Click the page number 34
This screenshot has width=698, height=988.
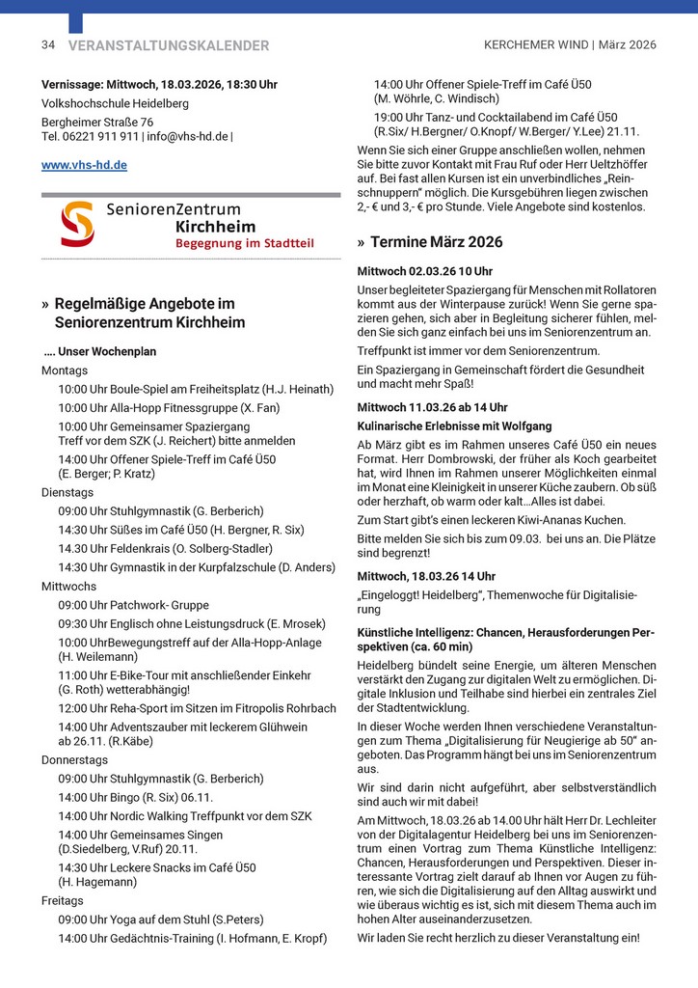coord(48,45)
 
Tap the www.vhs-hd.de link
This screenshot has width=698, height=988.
coord(84,165)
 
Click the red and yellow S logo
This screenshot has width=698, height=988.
coord(77,224)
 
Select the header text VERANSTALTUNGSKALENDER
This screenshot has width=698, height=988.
coord(169,45)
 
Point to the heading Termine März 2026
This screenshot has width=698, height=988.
coord(436,242)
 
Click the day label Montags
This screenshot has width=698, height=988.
coord(65,370)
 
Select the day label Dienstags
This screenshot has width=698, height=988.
coord(67,491)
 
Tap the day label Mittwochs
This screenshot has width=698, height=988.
coord(68,586)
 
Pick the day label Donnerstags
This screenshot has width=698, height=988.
coord(74,759)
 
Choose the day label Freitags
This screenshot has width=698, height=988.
coord(63,900)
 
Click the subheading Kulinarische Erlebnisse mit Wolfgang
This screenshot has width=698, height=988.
coord(454,425)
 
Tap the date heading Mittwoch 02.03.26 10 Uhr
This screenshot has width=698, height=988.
coord(424,271)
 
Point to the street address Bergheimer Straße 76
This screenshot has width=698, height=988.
coord(97,123)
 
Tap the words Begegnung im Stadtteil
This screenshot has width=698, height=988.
coord(244,243)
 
